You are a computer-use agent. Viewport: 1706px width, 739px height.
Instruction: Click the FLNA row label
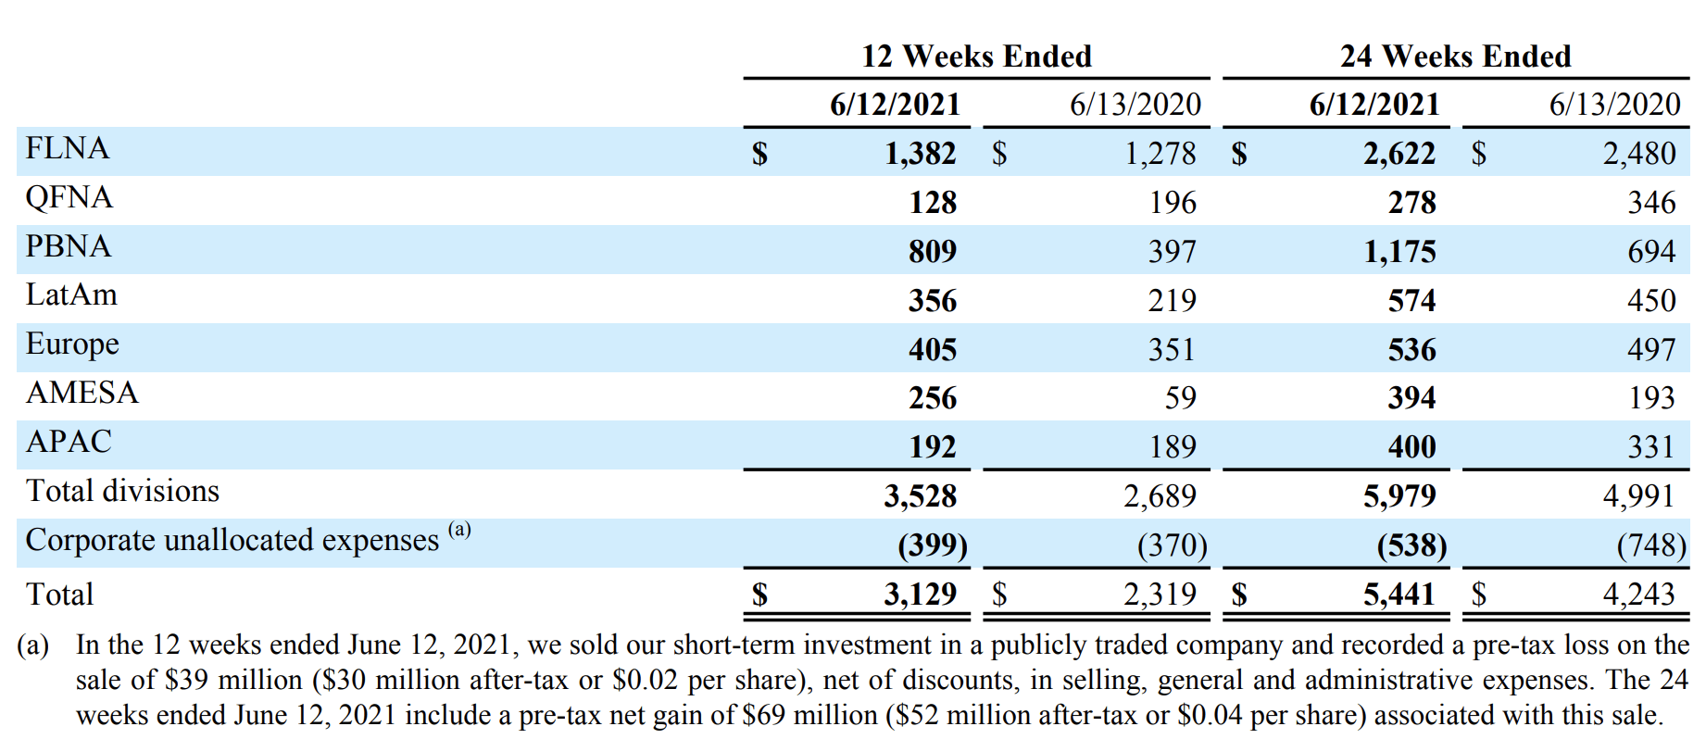pyautogui.click(x=68, y=148)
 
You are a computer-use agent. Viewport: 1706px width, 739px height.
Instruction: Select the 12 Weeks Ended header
pyautogui.click(x=976, y=56)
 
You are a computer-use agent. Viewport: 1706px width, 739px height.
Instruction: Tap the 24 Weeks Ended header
pyautogui.click(x=1455, y=56)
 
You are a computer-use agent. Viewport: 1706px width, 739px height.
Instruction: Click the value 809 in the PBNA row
pyautogui.click(x=932, y=251)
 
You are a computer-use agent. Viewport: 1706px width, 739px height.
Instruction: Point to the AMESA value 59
pyautogui.click(x=1180, y=398)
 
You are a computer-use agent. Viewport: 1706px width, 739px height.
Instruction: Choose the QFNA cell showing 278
pyautogui.click(x=1411, y=202)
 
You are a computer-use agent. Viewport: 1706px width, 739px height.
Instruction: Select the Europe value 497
pyautogui.click(x=1651, y=349)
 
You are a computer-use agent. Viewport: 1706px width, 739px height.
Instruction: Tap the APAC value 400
pyautogui.click(x=1411, y=447)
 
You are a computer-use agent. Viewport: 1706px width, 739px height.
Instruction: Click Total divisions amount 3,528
pyautogui.click(x=920, y=496)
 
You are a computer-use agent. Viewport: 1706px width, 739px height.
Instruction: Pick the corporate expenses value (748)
pyautogui.click(x=1651, y=545)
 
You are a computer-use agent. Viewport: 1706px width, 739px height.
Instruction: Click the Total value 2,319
pyautogui.click(x=1160, y=594)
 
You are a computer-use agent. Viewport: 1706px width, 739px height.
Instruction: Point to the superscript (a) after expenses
pyautogui.click(x=459, y=530)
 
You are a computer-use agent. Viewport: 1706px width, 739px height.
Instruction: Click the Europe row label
pyautogui.click(x=72, y=344)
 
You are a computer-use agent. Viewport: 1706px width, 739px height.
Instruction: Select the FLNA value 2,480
pyautogui.click(x=1639, y=153)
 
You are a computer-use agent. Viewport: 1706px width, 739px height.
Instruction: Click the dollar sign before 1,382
pyautogui.click(x=759, y=153)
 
